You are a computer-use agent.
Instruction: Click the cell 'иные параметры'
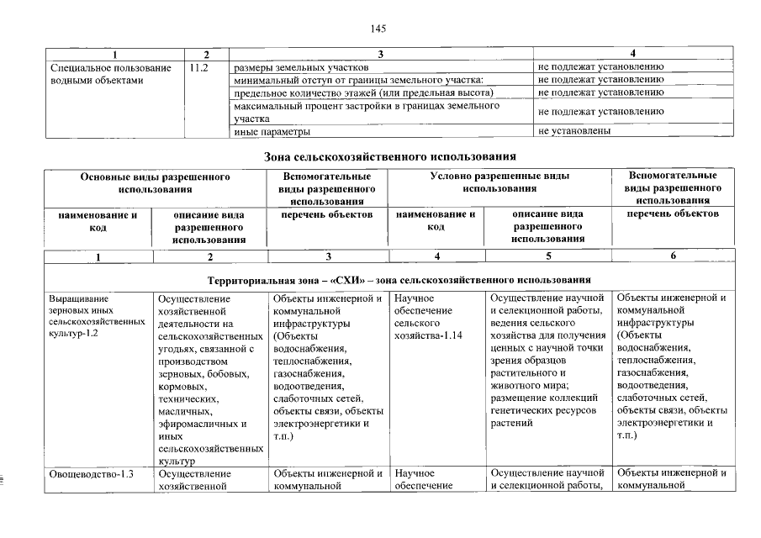pos(272,132)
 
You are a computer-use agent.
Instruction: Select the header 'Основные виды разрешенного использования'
pos(155,183)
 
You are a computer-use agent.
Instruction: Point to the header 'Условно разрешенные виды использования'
pos(499,183)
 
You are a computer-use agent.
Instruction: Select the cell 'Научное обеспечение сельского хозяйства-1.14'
pos(428,316)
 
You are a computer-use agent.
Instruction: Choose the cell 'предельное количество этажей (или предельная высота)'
pos(362,92)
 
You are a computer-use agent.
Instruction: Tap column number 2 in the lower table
pos(210,256)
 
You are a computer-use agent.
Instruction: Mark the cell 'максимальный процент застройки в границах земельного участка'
pos(366,112)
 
